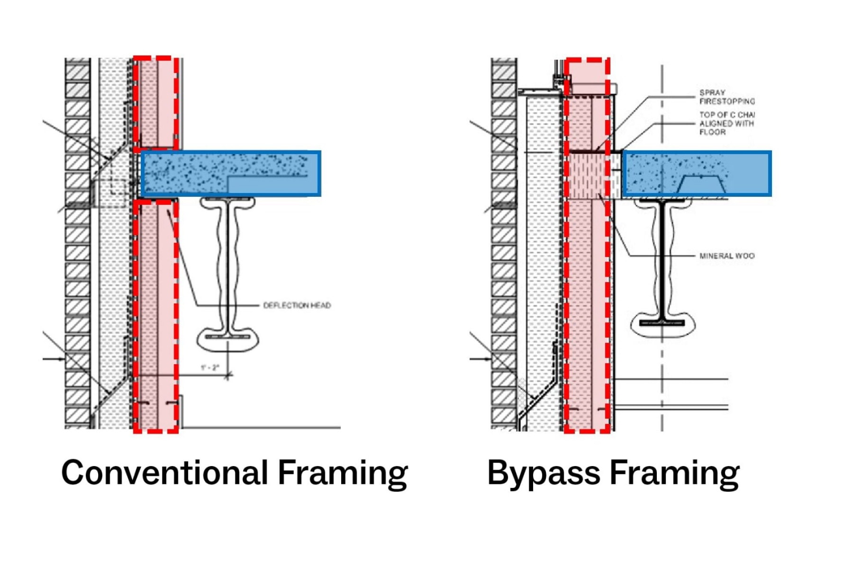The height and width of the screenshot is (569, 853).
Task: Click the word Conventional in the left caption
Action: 164,473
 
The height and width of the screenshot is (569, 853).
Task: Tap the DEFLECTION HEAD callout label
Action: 297,305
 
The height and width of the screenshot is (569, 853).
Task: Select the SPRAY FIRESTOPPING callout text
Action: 726,97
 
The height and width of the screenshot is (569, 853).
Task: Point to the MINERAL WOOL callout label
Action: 726,256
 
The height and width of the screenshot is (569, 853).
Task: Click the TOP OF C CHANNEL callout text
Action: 726,123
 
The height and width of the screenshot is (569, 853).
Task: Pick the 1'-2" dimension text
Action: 210,367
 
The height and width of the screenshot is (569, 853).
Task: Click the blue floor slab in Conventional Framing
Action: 231,173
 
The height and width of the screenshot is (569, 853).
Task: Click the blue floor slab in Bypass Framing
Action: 697,173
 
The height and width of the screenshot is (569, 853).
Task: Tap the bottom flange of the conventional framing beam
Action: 228,337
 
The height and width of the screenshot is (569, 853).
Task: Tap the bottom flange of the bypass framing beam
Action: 662,323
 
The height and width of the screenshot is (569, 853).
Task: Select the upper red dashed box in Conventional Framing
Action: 156,102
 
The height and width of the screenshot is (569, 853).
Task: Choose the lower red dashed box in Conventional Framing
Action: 156,315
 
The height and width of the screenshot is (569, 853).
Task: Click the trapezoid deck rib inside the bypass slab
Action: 701,185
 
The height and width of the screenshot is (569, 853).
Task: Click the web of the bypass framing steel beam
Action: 662,261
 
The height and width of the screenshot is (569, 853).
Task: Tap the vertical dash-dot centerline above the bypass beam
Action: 662,109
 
